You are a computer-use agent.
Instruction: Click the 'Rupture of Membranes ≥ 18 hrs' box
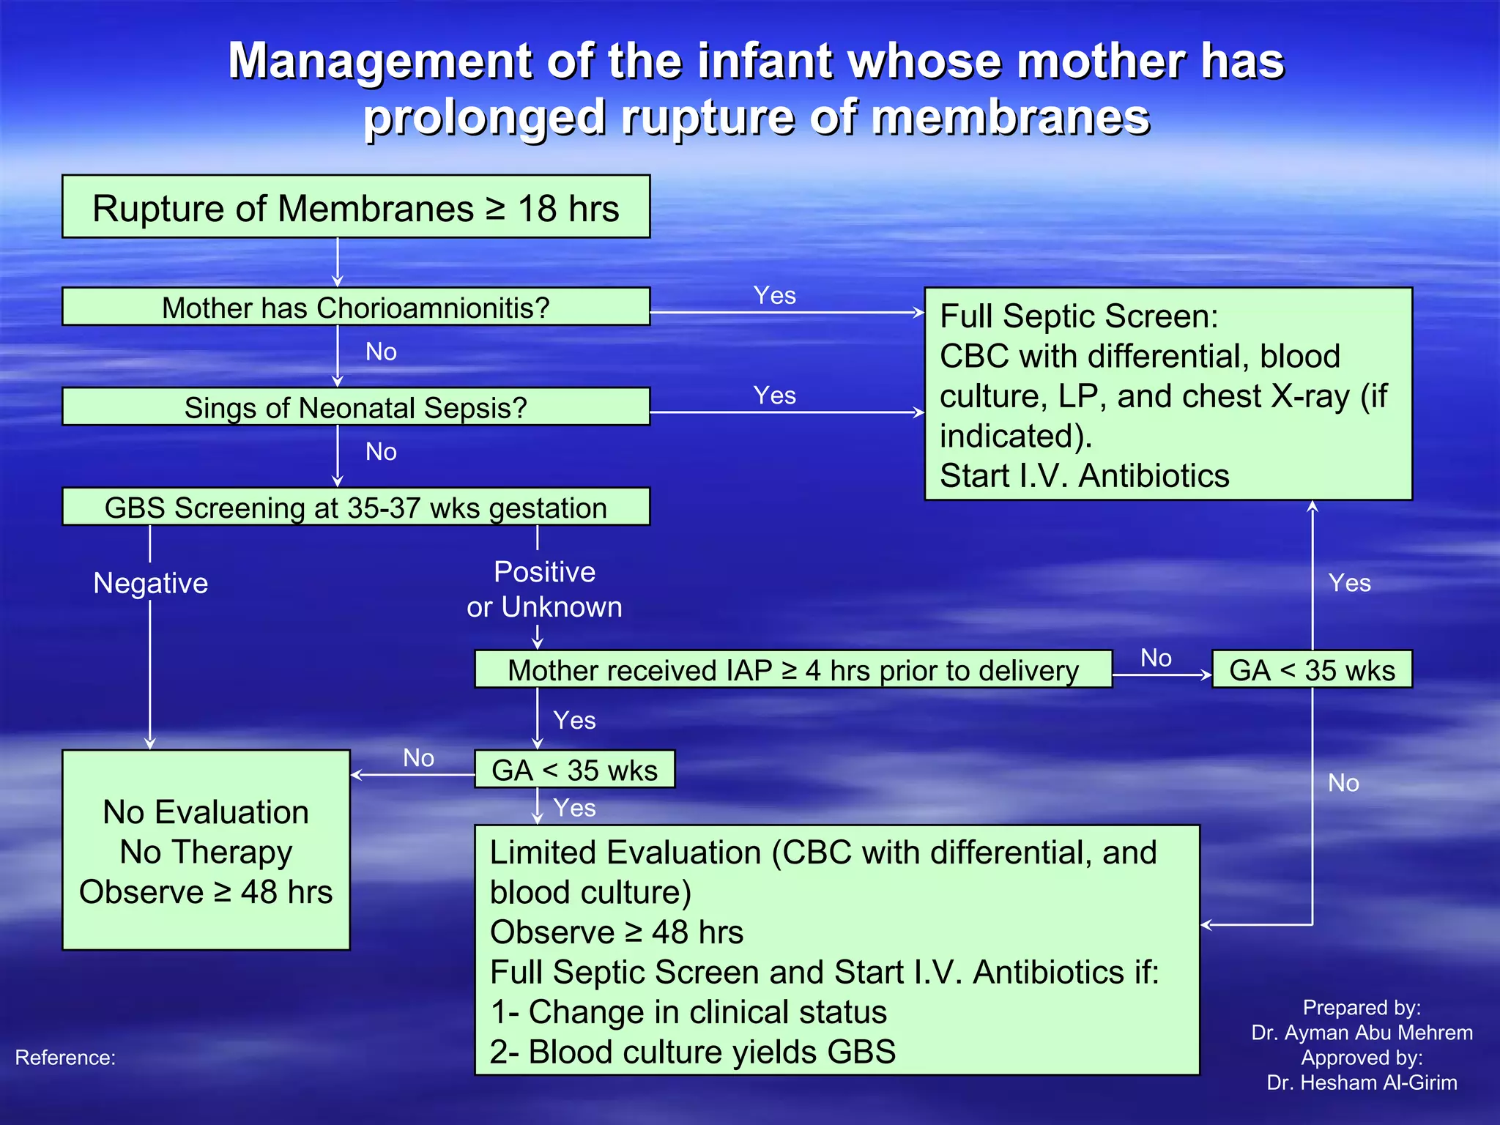(x=356, y=207)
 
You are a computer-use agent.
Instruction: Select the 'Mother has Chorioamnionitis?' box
(x=356, y=307)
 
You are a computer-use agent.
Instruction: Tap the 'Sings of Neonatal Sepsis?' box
(x=356, y=407)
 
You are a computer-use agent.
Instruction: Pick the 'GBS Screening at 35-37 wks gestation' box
(x=356, y=507)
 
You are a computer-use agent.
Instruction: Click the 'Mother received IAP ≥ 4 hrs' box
(x=793, y=669)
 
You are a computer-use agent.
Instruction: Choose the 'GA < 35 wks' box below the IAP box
(x=574, y=770)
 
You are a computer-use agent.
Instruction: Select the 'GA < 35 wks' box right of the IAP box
(x=1312, y=669)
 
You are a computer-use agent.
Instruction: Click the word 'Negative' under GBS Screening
(x=151, y=583)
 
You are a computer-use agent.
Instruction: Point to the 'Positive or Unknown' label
(x=544, y=589)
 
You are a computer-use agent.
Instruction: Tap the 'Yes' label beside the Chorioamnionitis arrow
(x=775, y=295)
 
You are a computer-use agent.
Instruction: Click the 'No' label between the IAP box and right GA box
(x=1156, y=658)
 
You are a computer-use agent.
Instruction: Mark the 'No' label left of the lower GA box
(x=418, y=757)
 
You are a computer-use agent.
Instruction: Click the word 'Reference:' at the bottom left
(x=65, y=1058)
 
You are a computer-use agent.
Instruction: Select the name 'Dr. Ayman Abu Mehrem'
(x=1362, y=1033)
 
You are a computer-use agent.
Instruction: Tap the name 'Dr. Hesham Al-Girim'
(x=1362, y=1083)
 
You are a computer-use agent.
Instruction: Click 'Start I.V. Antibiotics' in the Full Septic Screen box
(x=1084, y=476)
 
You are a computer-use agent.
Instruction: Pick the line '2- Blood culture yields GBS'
(x=693, y=1052)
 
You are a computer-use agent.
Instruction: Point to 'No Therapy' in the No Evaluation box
(x=206, y=852)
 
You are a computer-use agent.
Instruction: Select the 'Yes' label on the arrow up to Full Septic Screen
(x=1349, y=583)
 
